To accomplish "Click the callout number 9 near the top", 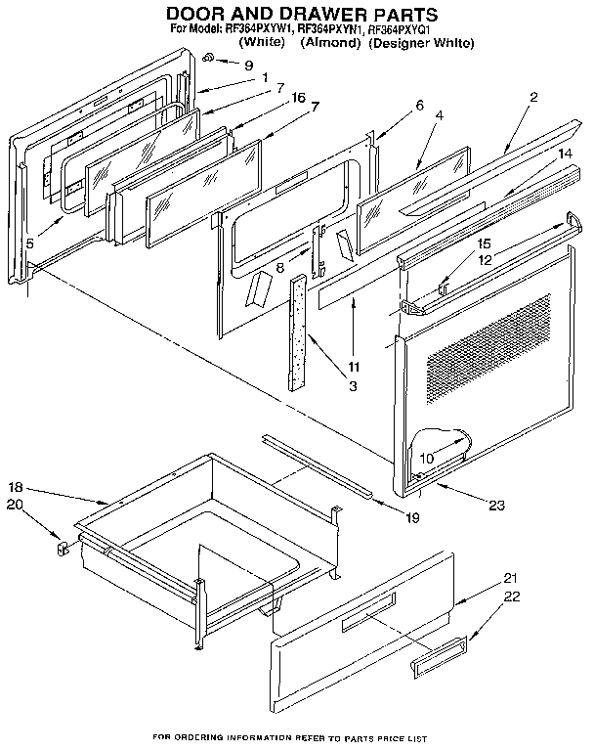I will pos(234,66).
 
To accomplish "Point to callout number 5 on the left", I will pos(32,244).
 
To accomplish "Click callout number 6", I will pos(420,105).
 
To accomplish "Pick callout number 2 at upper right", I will pos(533,97).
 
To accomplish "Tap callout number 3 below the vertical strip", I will pos(325,386).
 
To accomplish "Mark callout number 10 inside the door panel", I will pos(427,457).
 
